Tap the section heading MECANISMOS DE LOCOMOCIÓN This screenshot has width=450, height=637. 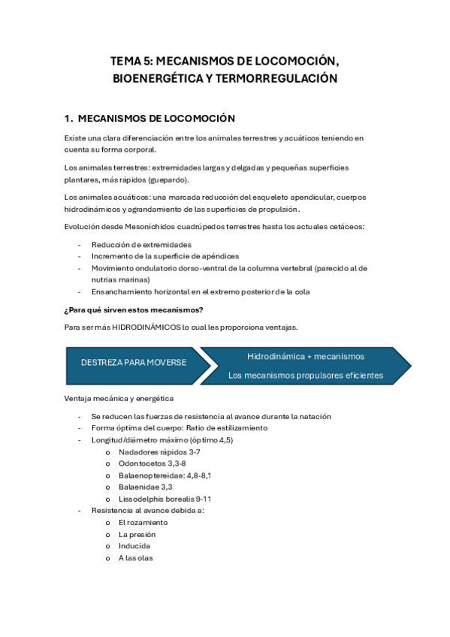click(x=156, y=119)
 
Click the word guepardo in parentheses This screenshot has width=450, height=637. click(x=167, y=180)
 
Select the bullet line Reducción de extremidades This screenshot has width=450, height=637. click(x=141, y=244)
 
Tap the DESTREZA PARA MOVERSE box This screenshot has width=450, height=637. click(x=134, y=362)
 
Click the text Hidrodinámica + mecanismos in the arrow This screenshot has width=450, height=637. click(x=305, y=355)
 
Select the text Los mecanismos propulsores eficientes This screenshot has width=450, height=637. click(x=305, y=375)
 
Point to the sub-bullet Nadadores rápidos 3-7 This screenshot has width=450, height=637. click(x=159, y=452)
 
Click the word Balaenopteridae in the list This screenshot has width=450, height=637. click(x=146, y=475)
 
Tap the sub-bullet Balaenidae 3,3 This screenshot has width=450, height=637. click(x=145, y=487)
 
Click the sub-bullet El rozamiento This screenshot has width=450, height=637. click(x=143, y=522)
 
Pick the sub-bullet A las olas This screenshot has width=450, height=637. click(x=136, y=557)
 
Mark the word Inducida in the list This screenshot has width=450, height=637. click(x=134, y=545)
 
